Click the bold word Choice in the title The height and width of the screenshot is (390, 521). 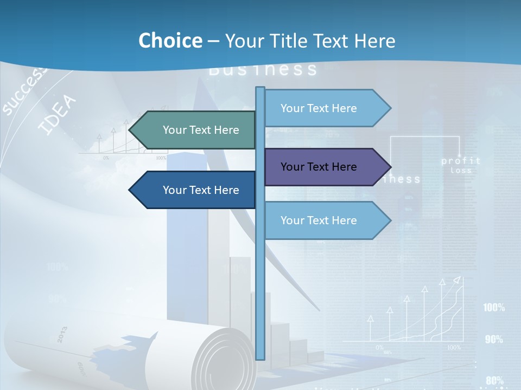point(170,41)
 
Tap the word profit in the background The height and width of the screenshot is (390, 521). point(461,161)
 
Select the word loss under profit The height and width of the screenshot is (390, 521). point(461,171)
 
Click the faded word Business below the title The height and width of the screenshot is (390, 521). point(263,69)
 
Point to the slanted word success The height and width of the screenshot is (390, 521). point(24,92)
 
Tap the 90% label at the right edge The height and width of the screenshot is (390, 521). point(494,340)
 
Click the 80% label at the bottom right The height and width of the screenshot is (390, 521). point(494,380)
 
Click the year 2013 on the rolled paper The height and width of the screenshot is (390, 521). point(61,335)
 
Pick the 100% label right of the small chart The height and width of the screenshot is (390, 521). point(494,308)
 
